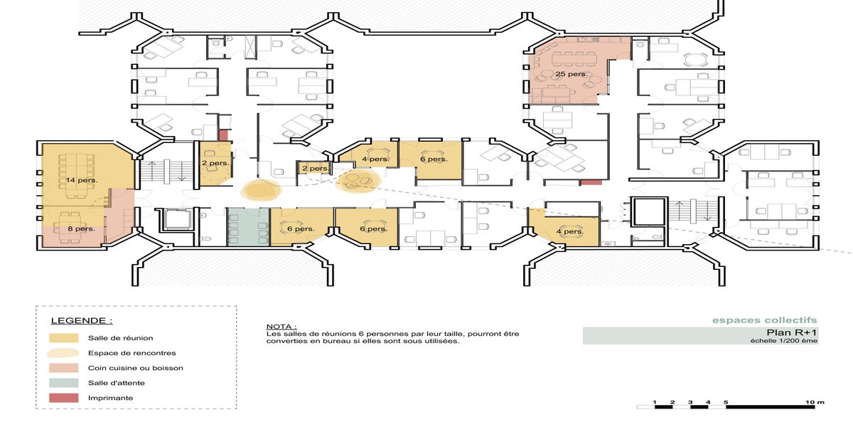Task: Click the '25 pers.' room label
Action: pos(572,74)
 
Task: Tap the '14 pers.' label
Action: pos(82,180)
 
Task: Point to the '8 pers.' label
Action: pos(82,228)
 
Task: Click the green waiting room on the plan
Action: pos(249,227)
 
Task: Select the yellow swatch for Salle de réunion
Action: pos(63,338)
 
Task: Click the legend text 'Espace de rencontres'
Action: pos(132,353)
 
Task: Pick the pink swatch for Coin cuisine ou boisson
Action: pos(63,368)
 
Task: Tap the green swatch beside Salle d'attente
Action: pos(63,383)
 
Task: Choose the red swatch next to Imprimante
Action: pos(63,398)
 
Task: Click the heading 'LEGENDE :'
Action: pos(82,321)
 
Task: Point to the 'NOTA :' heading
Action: pos(281,327)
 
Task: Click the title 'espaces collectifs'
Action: pos(765,320)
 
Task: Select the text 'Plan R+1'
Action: pos(792,332)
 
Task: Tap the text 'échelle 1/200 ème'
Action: pos(784,341)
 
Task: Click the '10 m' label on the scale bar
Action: pos(815,402)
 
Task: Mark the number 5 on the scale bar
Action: pos(726,402)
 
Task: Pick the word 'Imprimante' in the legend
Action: pos(110,398)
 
